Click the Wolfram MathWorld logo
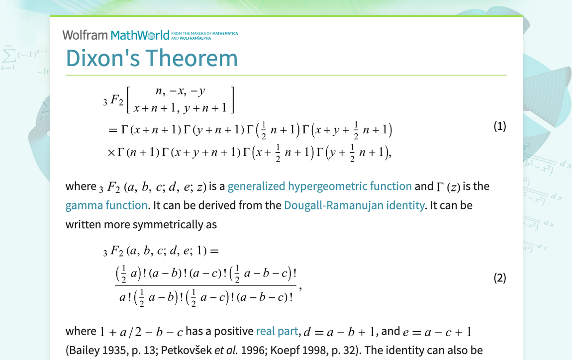click(x=116, y=35)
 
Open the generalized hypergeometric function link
click(x=319, y=186)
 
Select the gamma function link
click(x=106, y=205)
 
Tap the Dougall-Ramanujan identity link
click(x=354, y=205)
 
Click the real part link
click(x=277, y=332)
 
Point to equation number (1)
click(x=499, y=126)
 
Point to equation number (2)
click(x=499, y=277)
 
